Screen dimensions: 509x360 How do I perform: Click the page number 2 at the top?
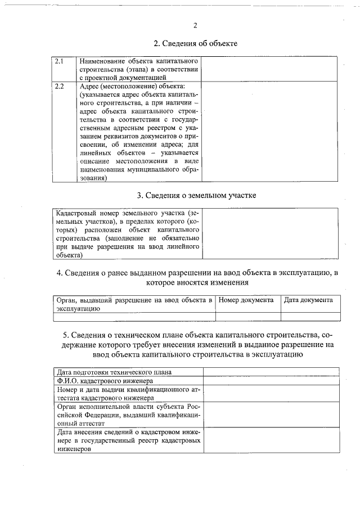pyautogui.click(x=195, y=25)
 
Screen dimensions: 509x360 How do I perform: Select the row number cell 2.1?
pyautogui.click(x=60, y=60)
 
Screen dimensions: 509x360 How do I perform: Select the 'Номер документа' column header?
pyautogui.click(x=246, y=300)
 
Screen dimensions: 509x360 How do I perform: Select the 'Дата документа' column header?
pyautogui.click(x=308, y=300)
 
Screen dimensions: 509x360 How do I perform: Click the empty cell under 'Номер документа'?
pyautogui.click(x=247, y=316)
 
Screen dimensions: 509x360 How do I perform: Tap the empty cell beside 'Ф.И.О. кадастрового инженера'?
pyautogui.click(x=271, y=381)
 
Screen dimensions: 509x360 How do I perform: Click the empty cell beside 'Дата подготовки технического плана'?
pyautogui.click(x=271, y=372)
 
